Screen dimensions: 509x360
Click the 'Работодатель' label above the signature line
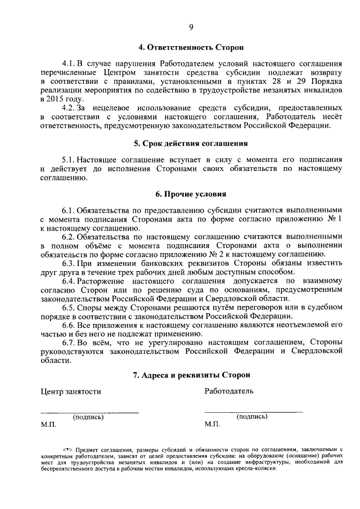pyautogui.click(x=229, y=390)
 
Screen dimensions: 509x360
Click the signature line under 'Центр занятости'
pyautogui.click(x=89, y=413)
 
